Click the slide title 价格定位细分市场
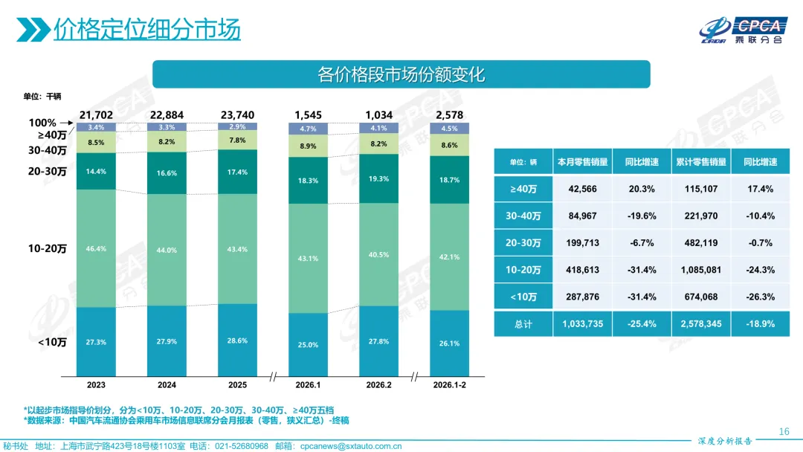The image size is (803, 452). coord(146,29)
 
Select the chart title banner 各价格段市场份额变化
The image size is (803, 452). coord(401,74)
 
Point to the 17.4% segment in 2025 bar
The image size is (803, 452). coord(237,172)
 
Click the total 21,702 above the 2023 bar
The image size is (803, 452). coord(96,115)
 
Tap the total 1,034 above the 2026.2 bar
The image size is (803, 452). coord(378,115)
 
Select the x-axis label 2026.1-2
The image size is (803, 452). coord(449,385)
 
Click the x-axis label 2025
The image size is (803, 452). coord(237,385)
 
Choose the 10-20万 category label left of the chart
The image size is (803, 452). coord(48,249)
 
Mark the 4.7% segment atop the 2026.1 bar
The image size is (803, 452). coord(308,129)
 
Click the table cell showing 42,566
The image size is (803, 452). coord(582,189)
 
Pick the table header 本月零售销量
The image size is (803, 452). coord(582,162)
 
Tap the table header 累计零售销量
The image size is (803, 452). coord(701,162)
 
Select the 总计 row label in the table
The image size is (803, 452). coord(523,323)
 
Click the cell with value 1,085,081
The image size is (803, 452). coord(701,270)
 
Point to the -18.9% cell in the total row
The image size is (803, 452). coord(761,323)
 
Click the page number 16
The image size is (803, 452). coord(783,432)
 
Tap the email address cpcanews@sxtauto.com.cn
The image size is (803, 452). coord(351,446)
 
